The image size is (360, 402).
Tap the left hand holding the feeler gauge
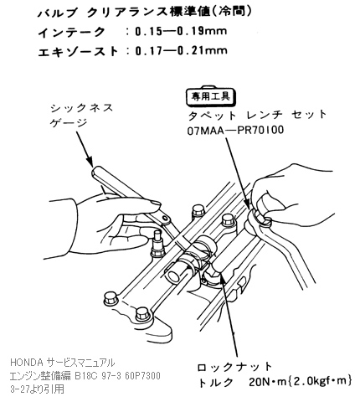click(109, 222)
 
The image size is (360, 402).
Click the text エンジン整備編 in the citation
click(39, 375)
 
